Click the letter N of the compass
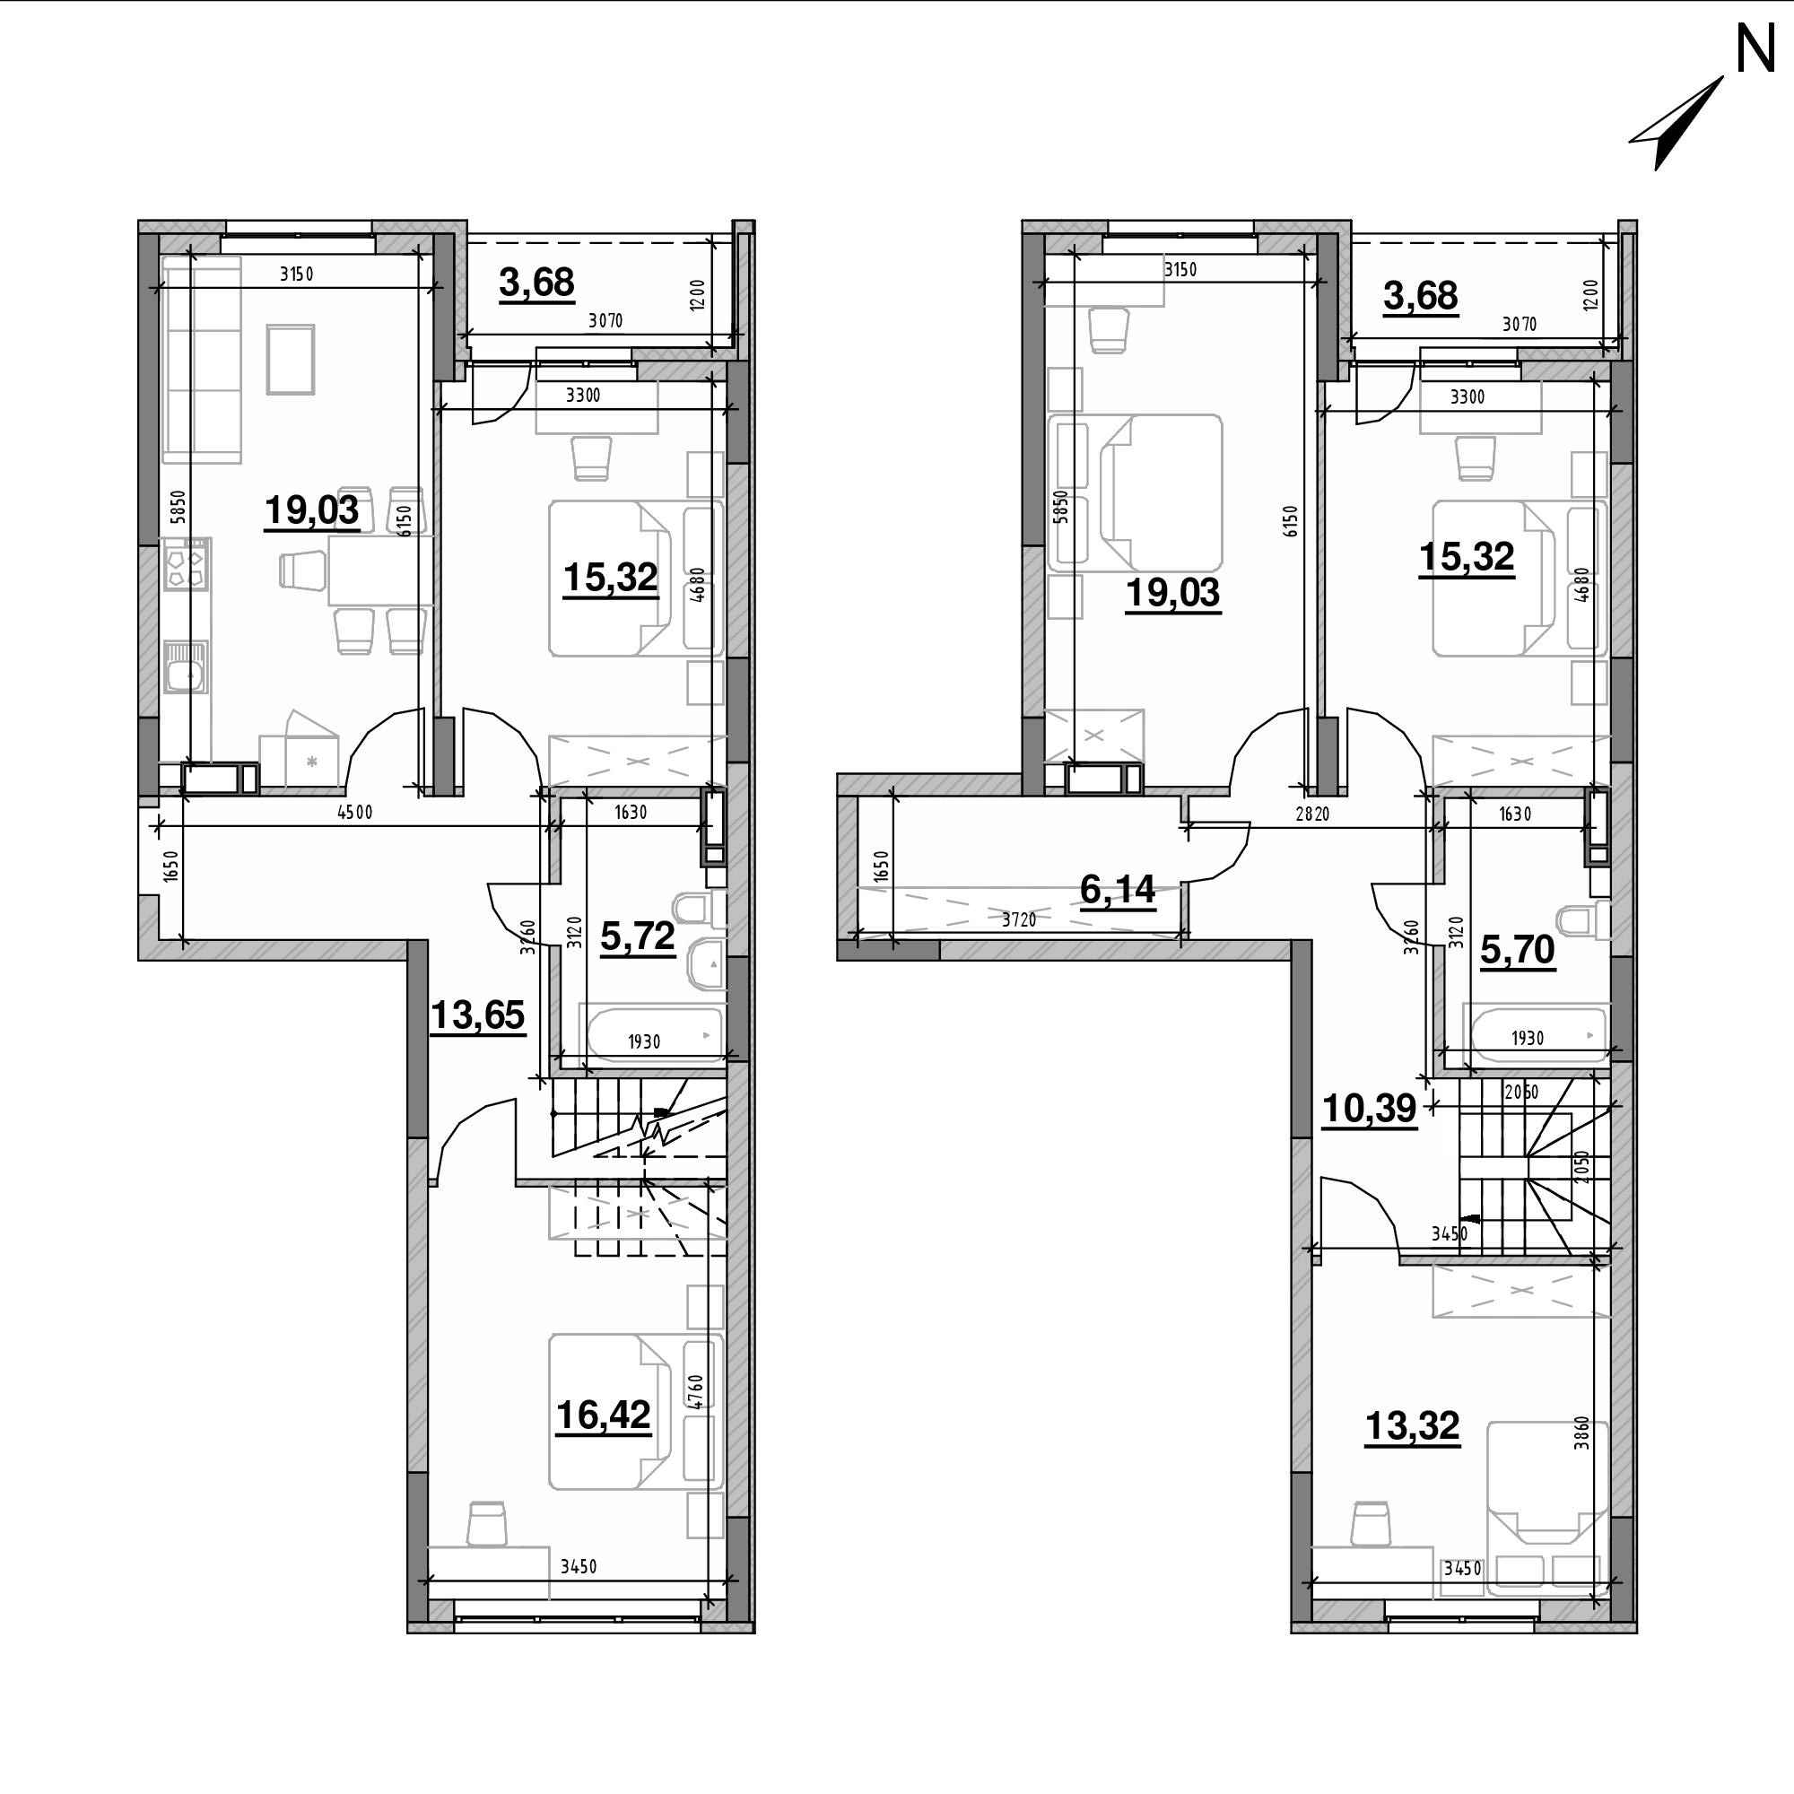coord(1755,48)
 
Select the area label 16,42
coord(604,1415)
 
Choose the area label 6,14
coord(1117,890)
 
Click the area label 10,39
coord(1369,1108)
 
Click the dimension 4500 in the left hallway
coord(354,813)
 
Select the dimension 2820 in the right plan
coord(1313,814)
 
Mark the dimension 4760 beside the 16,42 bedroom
coord(697,1393)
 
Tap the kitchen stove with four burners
coord(185,564)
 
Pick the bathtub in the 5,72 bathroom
coord(651,1032)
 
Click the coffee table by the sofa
coord(291,360)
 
